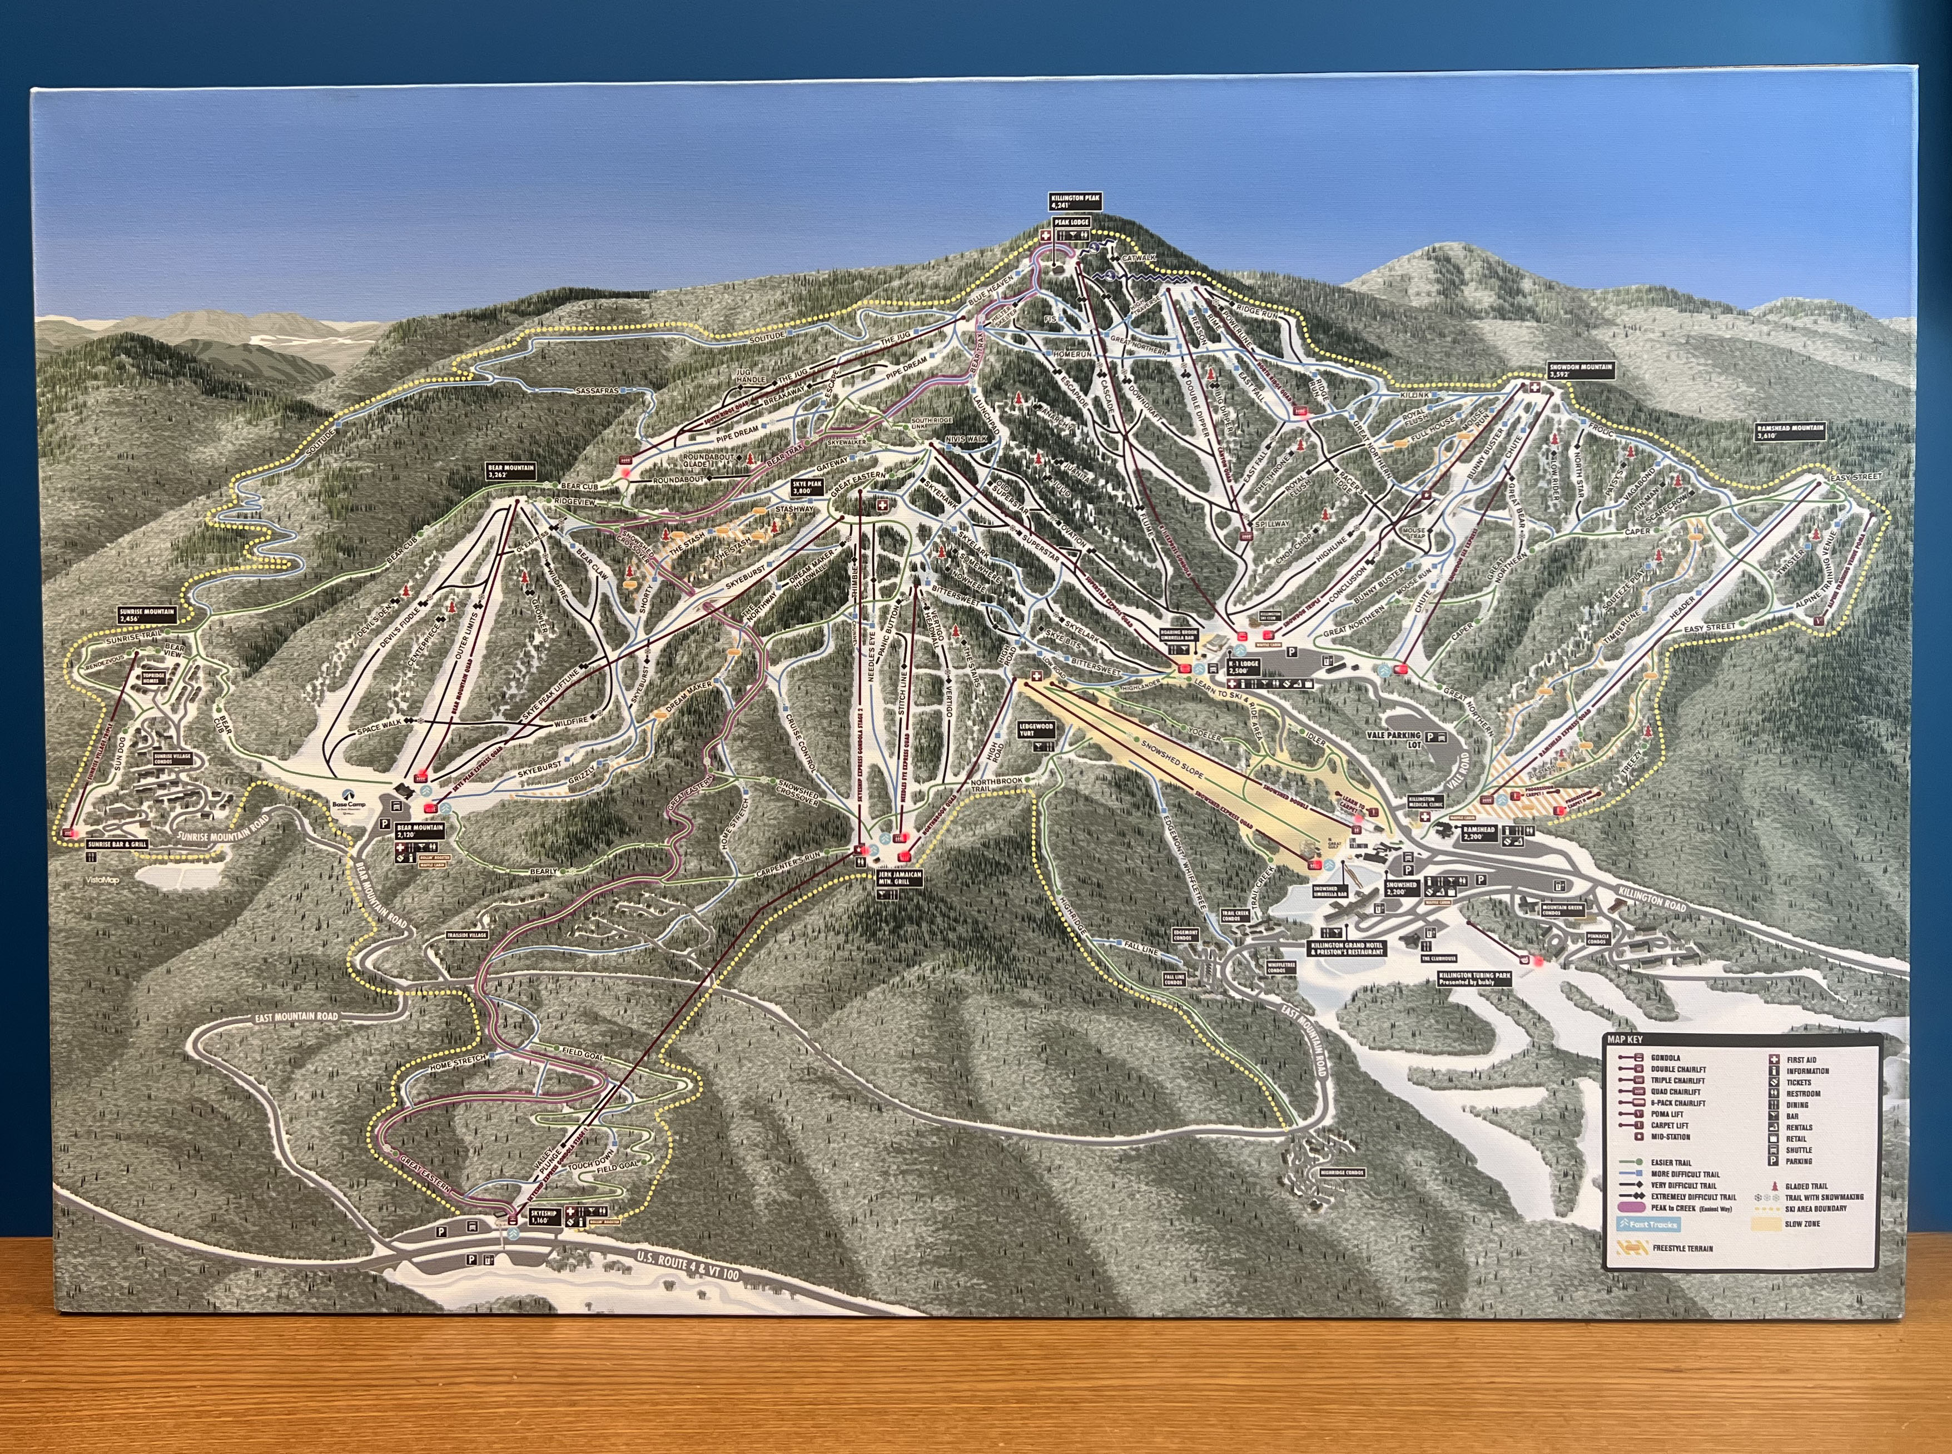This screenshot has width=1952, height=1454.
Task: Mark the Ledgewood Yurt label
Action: tap(1036, 730)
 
